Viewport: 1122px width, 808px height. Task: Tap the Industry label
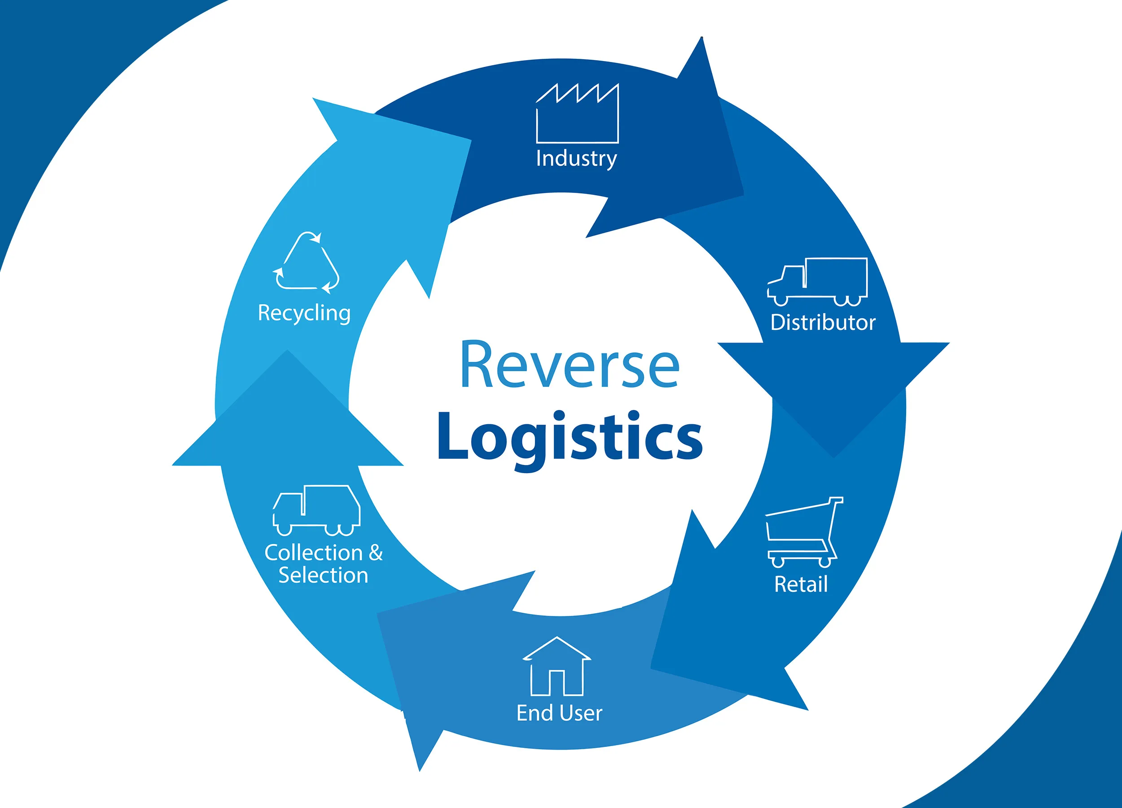[576, 158]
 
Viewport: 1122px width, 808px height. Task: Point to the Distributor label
[823, 323]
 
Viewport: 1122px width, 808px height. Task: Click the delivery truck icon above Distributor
[817, 281]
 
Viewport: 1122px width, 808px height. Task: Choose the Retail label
[801, 584]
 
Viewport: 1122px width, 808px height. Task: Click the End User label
[560, 713]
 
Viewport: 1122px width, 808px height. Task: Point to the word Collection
[314, 553]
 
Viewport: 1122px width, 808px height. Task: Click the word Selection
[324, 575]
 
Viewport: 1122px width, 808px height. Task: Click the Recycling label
[304, 313]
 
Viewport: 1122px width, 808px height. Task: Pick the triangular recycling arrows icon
[306, 262]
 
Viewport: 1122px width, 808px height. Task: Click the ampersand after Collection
[376, 553]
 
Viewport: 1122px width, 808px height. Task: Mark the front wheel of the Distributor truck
[780, 300]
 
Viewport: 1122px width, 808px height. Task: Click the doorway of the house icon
[557, 683]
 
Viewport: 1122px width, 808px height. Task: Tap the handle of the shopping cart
[836, 500]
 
